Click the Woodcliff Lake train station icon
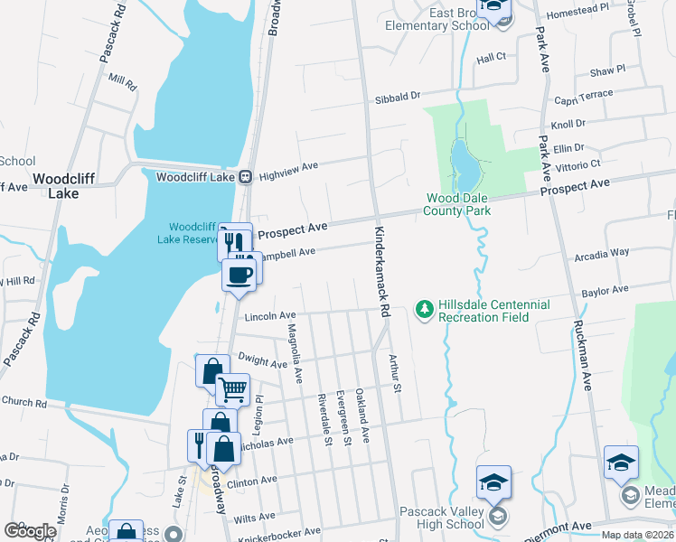click(x=245, y=177)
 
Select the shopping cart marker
click(x=232, y=389)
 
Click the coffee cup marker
click(x=239, y=275)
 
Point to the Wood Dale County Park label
click(x=458, y=210)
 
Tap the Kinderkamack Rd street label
click(x=383, y=270)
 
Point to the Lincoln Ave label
click(x=269, y=316)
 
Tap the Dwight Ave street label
click(x=264, y=360)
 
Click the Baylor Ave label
click(x=605, y=292)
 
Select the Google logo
click(x=30, y=530)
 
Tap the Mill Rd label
click(x=121, y=82)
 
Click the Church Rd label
click(x=23, y=402)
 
